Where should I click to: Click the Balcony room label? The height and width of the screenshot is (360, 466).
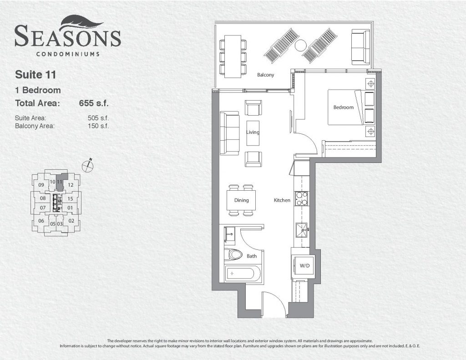point(265,75)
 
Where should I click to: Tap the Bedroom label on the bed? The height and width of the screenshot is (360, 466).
point(343,107)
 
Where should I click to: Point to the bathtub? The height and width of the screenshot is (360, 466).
point(243,273)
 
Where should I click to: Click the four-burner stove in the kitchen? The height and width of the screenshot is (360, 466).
point(302,198)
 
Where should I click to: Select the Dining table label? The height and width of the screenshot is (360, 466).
point(241,200)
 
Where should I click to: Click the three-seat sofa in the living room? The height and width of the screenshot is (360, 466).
point(229,133)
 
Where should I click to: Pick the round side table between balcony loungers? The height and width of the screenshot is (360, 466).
point(300,46)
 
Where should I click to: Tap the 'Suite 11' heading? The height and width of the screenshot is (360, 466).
point(35,75)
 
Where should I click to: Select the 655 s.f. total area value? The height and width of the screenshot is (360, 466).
point(94,103)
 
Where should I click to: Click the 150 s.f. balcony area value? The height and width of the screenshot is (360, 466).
point(98,126)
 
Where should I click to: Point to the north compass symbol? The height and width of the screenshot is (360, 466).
point(88,165)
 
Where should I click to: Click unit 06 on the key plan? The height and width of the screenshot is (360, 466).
point(41,221)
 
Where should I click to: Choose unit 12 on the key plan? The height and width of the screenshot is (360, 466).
point(71,185)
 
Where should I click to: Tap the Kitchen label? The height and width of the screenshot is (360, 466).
point(282,200)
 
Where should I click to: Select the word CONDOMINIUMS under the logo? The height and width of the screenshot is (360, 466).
point(68,54)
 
